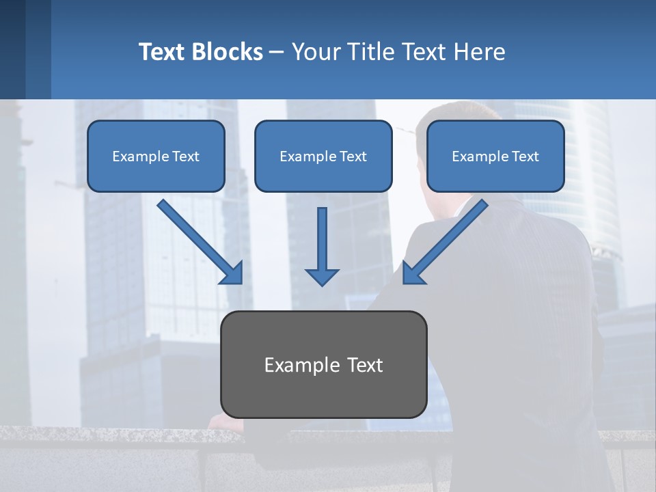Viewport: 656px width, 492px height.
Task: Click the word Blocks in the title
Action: [228, 52]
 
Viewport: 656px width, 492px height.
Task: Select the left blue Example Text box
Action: [156, 156]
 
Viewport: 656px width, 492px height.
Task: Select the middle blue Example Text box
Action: [323, 156]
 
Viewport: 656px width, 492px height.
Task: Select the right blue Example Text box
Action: [495, 156]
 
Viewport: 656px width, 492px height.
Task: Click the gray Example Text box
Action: [324, 364]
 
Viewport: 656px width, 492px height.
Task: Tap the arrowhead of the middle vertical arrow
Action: [322, 276]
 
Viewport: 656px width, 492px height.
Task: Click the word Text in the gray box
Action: [362, 365]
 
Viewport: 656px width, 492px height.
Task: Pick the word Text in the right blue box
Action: [525, 156]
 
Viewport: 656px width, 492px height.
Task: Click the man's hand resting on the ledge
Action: [225, 423]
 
